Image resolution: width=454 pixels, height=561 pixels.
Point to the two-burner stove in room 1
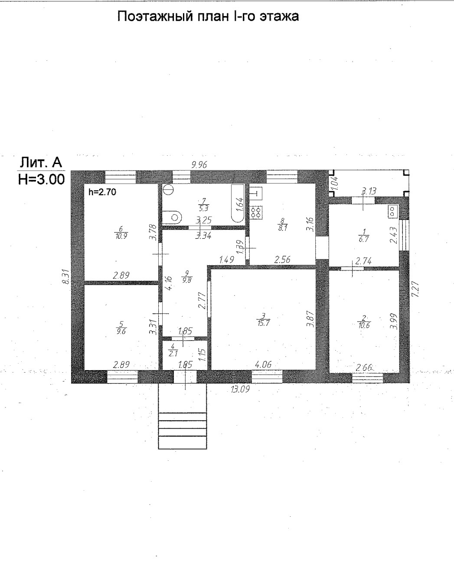click(392, 211)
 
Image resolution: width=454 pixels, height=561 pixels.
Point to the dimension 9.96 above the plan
click(200, 164)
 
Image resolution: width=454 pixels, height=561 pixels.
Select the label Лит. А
click(40, 163)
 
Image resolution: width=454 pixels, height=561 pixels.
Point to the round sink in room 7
click(168, 190)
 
